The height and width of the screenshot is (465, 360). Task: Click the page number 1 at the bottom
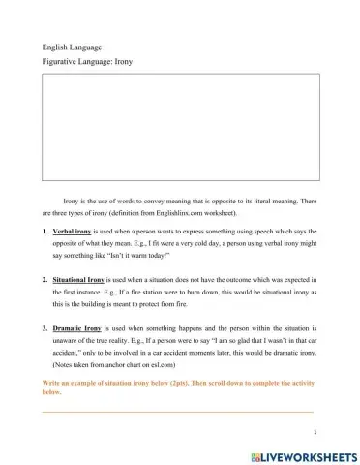(x=315, y=431)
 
